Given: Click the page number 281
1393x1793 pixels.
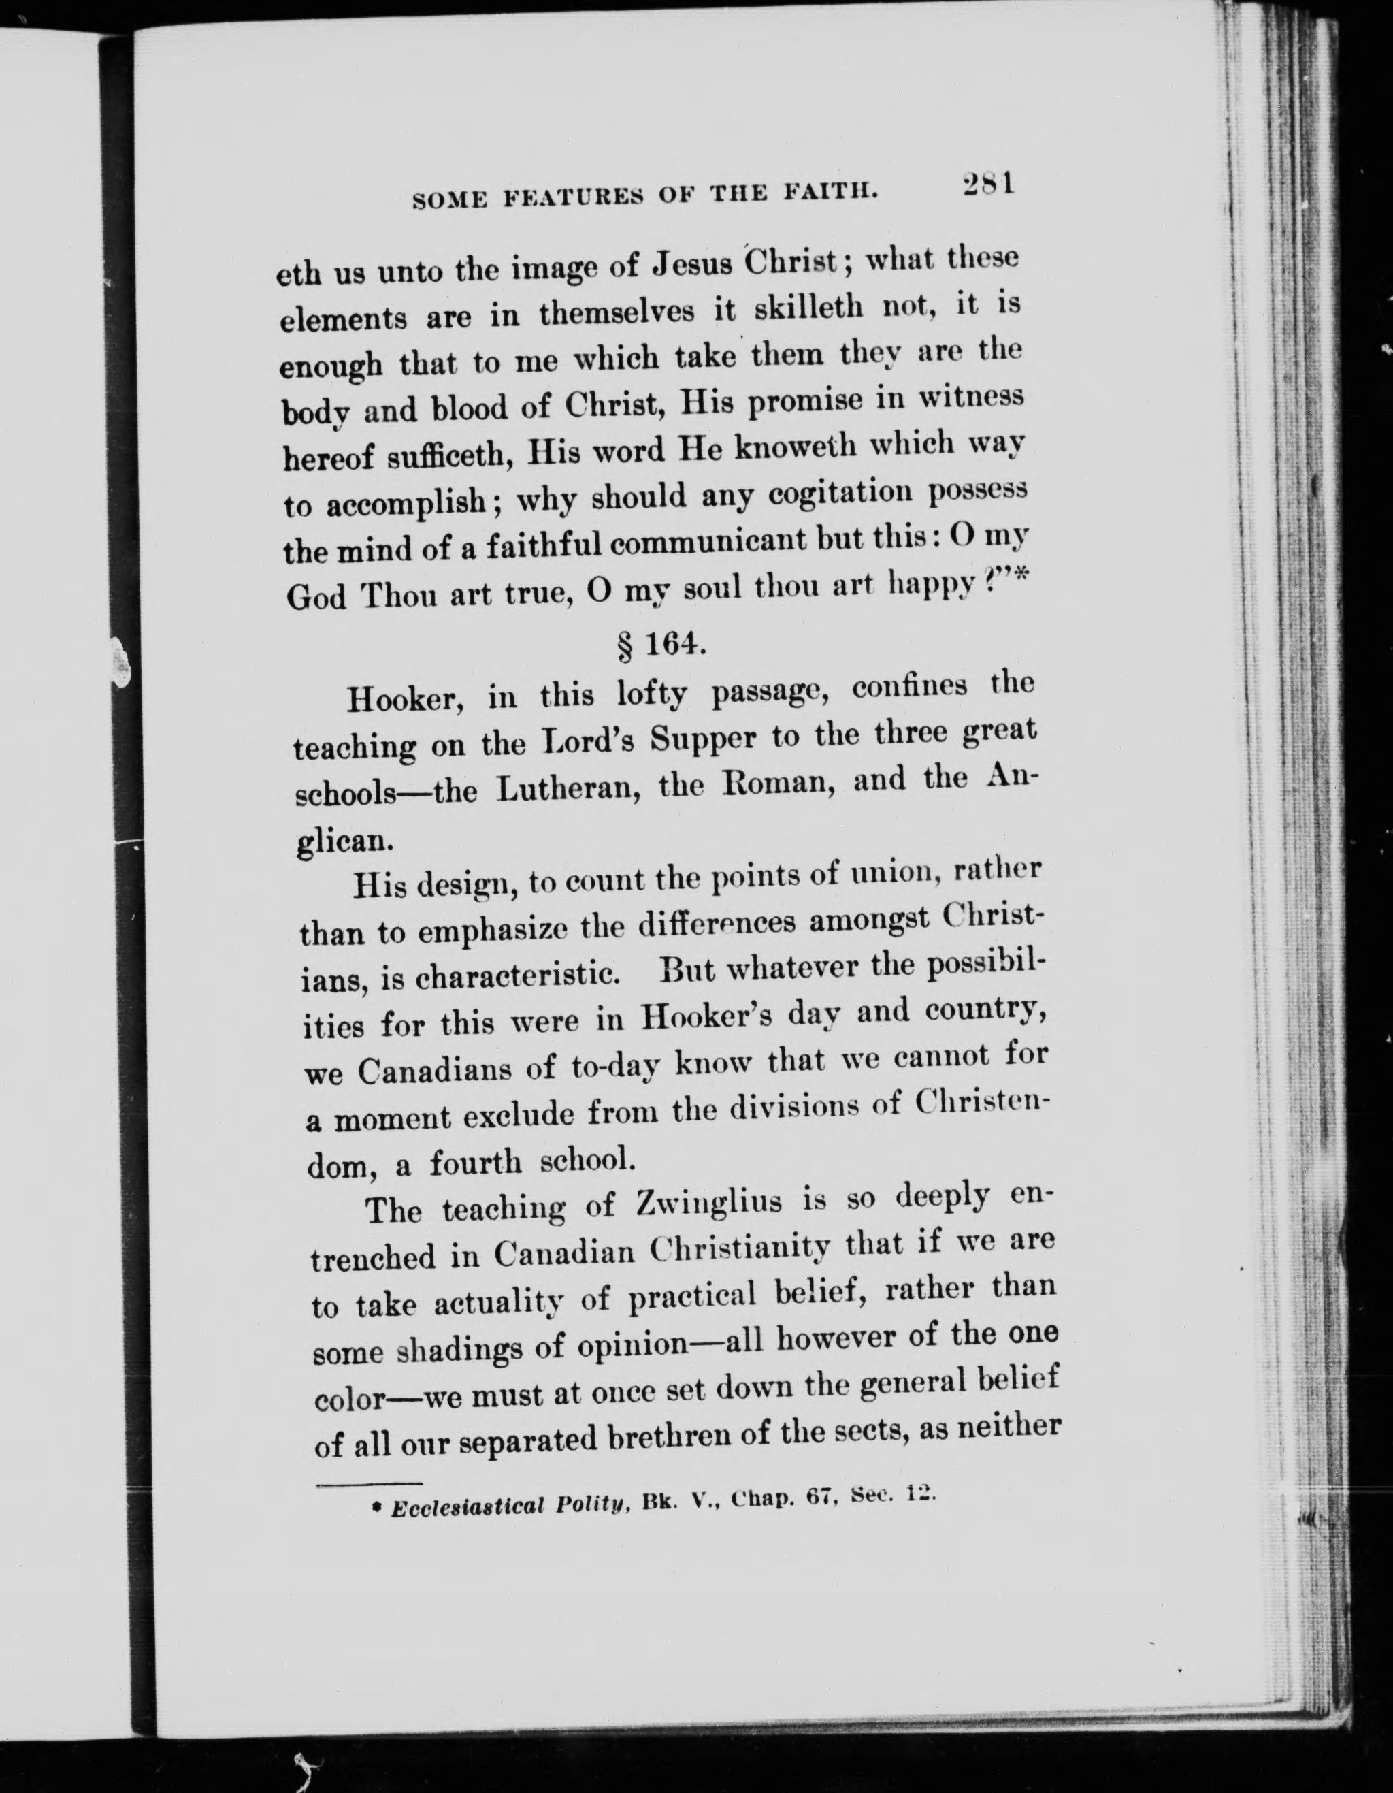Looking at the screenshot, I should [x=987, y=184].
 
